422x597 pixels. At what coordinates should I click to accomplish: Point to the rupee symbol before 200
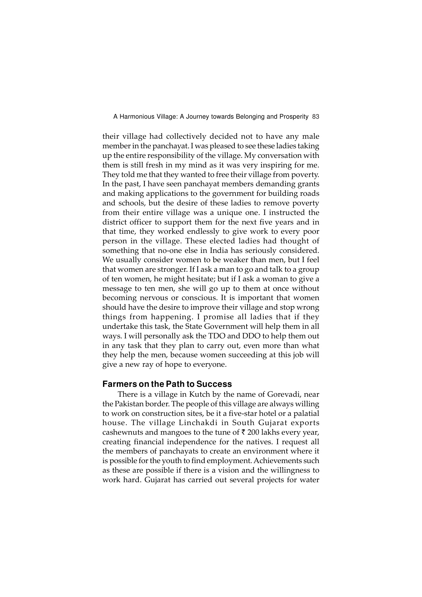tap(243, 432)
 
